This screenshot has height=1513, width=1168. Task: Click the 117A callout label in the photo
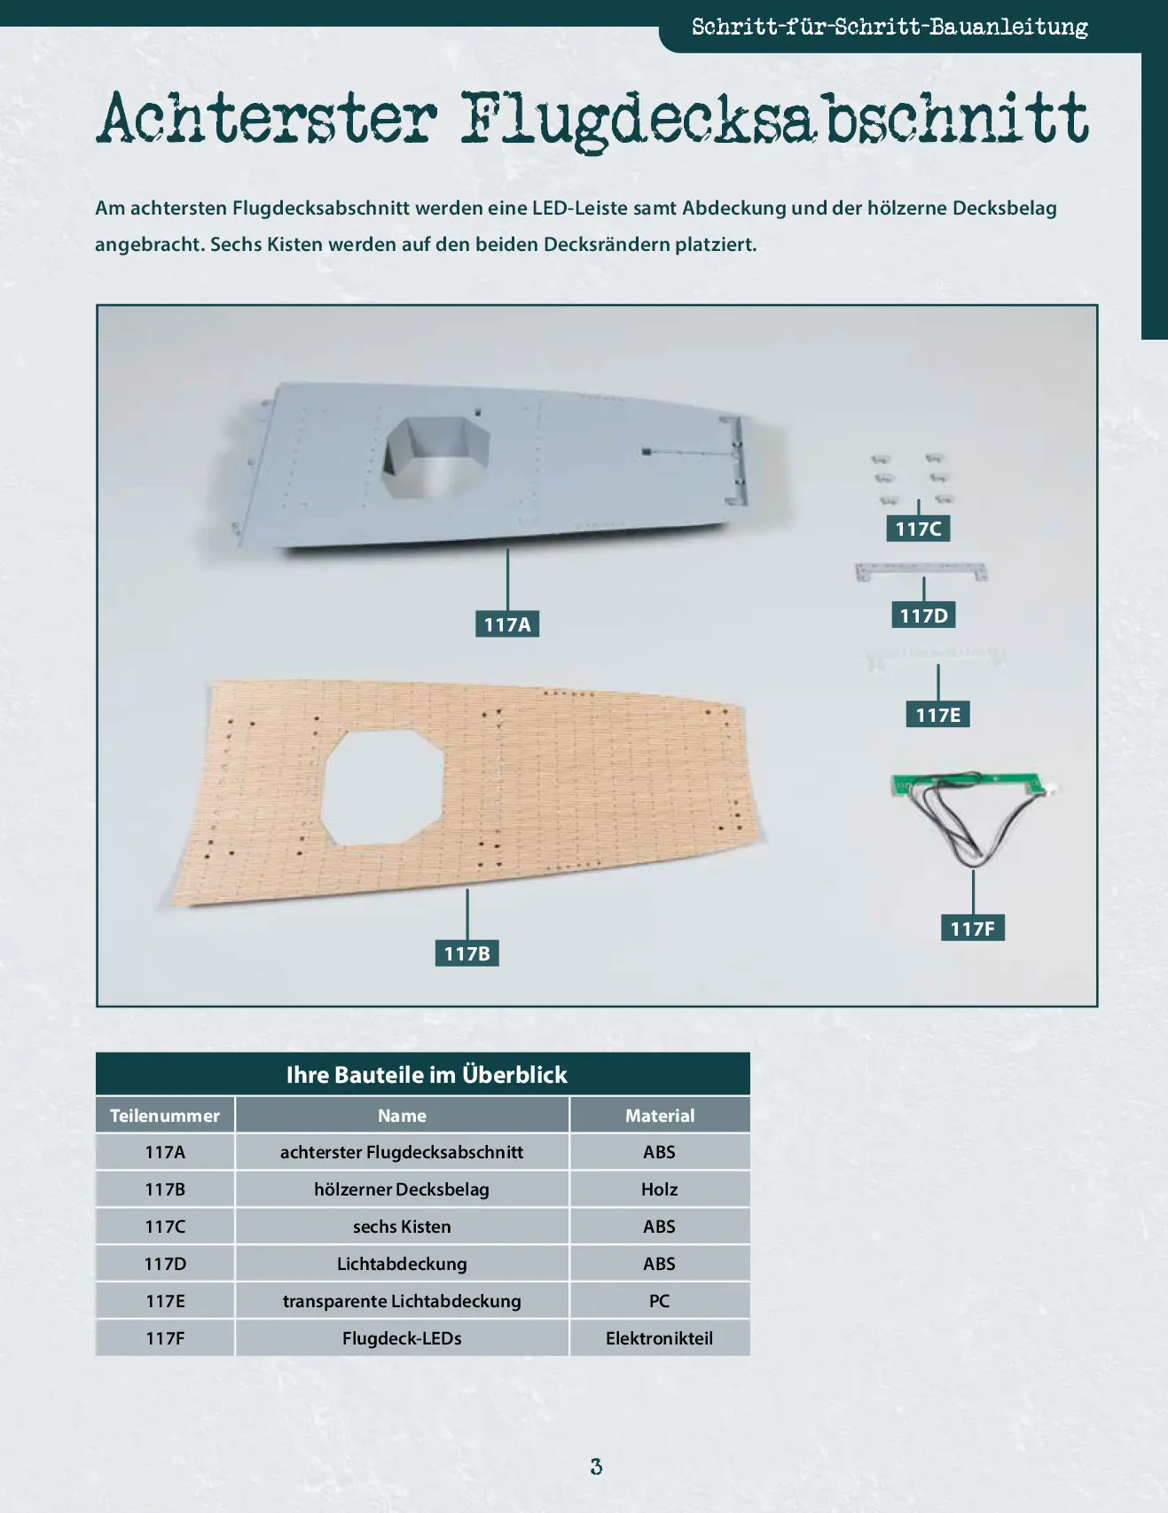507,624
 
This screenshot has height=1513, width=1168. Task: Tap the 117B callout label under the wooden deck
467,953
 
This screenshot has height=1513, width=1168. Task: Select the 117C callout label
918,529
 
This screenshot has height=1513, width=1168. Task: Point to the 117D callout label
923,615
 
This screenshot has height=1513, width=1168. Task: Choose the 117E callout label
938,714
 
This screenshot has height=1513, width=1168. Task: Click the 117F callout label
973,928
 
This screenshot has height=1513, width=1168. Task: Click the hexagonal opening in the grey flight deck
435,456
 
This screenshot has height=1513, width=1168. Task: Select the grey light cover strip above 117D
921,571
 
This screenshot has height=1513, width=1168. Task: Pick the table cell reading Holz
659,1189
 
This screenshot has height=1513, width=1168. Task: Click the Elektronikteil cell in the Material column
659,1338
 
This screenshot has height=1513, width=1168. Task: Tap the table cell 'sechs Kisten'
402,1227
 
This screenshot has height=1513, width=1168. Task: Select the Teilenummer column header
165,1116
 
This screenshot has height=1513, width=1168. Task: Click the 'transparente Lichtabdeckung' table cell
402,1301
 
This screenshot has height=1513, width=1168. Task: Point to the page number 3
596,1467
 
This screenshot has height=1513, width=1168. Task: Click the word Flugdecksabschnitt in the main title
774,120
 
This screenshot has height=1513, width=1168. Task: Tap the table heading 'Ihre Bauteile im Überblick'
427,1075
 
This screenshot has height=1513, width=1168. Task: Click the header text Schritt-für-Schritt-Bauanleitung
890,27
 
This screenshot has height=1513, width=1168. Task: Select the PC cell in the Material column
659,1301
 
